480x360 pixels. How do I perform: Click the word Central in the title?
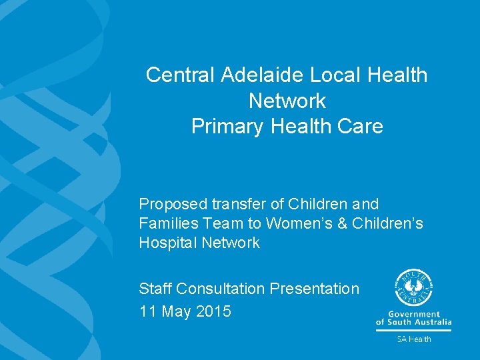(x=175, y=75)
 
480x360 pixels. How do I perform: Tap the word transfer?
(x=231, y=204)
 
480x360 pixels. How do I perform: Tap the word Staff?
(x=155, y=289)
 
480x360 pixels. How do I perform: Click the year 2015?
(x=214, y=311)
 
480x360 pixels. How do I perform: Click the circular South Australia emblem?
(x=413, y=287)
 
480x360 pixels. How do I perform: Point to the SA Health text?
(x=414, y=339)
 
